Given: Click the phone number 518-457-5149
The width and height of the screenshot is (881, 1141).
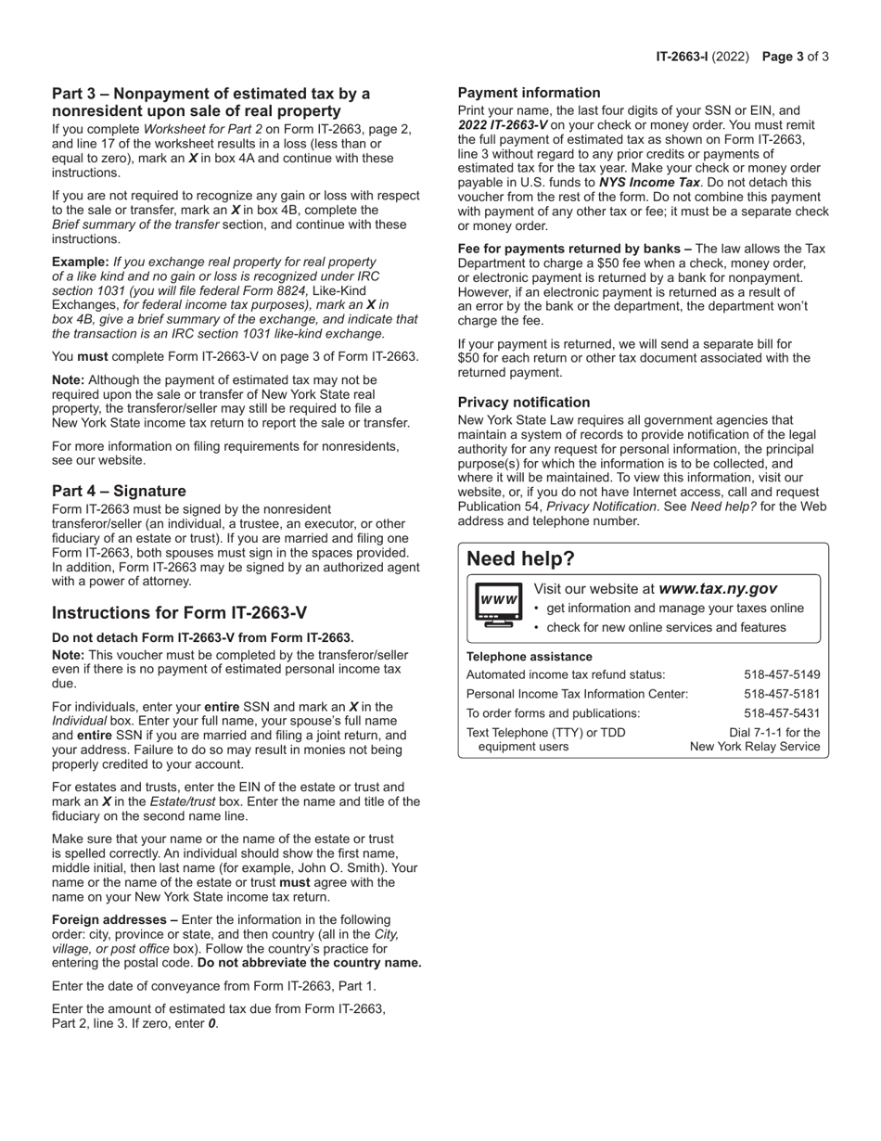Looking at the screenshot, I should [782, 674].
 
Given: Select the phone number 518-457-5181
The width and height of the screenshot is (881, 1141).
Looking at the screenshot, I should [782, 694].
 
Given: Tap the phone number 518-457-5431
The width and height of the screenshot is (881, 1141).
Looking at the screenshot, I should [782, 713].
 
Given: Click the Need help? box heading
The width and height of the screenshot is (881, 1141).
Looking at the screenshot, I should [520, 558].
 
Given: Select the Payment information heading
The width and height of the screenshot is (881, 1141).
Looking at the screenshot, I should [529, 93].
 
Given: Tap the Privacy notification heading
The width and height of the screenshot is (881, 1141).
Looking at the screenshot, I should [523, 403].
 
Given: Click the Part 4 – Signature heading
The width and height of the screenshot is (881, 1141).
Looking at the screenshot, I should [119, 491].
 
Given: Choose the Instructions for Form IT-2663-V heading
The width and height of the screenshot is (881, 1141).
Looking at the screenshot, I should [179, 613].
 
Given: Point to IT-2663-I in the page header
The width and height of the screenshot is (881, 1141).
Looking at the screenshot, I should [682, 57].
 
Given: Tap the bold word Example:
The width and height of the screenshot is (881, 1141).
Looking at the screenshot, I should [80, 263].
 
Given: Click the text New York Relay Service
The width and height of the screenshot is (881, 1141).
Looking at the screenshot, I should [755, 747].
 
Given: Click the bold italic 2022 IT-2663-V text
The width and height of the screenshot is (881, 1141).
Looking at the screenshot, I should [503, 124].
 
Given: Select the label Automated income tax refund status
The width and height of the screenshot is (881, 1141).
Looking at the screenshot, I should [565, 674].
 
